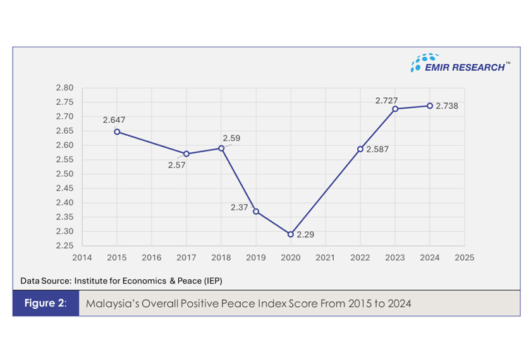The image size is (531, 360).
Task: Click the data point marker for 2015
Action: point(117,131)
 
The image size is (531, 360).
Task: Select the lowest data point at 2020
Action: point(291,234)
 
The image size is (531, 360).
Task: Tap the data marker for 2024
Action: point(430,105)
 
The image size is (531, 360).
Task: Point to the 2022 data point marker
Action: point(360,149)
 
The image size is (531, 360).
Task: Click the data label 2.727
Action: point(387,100)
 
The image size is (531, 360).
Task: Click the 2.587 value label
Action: point(378,150)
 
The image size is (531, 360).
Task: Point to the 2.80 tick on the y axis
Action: point(65,88)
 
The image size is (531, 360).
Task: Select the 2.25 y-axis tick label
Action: point(65,246)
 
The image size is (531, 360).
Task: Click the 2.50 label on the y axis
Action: point(65,174)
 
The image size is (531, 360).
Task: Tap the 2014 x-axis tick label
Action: point(82,258)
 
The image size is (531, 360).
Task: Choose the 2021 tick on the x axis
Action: point(326,258)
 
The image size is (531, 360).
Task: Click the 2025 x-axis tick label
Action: point(465,258)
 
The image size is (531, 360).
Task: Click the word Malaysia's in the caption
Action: point(109,304)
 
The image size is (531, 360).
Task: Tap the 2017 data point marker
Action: point(186,153)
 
